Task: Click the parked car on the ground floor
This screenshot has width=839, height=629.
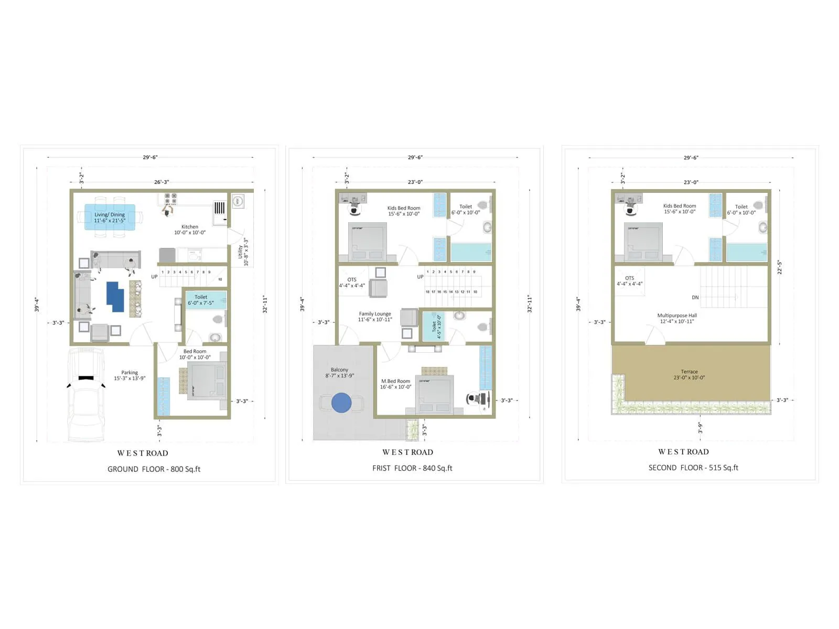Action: pyautogui.click(x=86, y=396)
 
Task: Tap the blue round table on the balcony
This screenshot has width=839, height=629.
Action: pyautogui.click(x=341, y=403)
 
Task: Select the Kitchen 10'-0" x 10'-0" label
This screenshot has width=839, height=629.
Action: pyautogui.click(x=190, y=230)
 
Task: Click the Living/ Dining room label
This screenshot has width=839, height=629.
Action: pyautogui.click(x=110, y=218)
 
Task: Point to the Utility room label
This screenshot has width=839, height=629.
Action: pyautogui.click(x=243, y=252)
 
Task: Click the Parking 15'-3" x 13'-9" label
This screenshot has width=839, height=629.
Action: pyautogui.click(x=130, y=375)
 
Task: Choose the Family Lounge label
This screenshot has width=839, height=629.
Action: pyautogui.click(x=375, y=317)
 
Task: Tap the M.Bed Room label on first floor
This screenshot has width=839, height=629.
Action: pyautogui.click(x=395, y=384)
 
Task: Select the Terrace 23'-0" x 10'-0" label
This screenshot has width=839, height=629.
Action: pyautogui.click(x=689, y=374)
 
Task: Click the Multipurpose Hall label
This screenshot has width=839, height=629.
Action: pyautogui.click(x=677, y=318)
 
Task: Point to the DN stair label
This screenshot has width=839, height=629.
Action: pyautogui.click(x=695, y=297)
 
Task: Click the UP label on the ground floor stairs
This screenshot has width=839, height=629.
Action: pyautogui.click(x=154, y=277)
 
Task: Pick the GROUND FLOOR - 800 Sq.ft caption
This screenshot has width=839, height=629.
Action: pyautogui.click(x=154, y=469)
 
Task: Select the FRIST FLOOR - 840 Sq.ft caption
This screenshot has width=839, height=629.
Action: pyautogui.click(x=412, y=468)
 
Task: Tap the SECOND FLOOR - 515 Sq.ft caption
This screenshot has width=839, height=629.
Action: pyautogui.click(x=693, y=468)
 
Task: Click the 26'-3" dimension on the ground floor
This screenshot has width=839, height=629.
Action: pyautogui.click(x=162, y=182)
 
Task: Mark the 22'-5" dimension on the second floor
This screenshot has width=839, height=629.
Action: pyautogui.click(x=780, y=267)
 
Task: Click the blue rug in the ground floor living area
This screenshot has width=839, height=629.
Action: pyautogui.click(x=115, y=297)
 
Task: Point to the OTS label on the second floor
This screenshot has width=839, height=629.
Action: pyautogui.click(x=629, y=281)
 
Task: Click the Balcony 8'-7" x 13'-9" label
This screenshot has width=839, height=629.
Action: pyautogui.click(x=339, y=373)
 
